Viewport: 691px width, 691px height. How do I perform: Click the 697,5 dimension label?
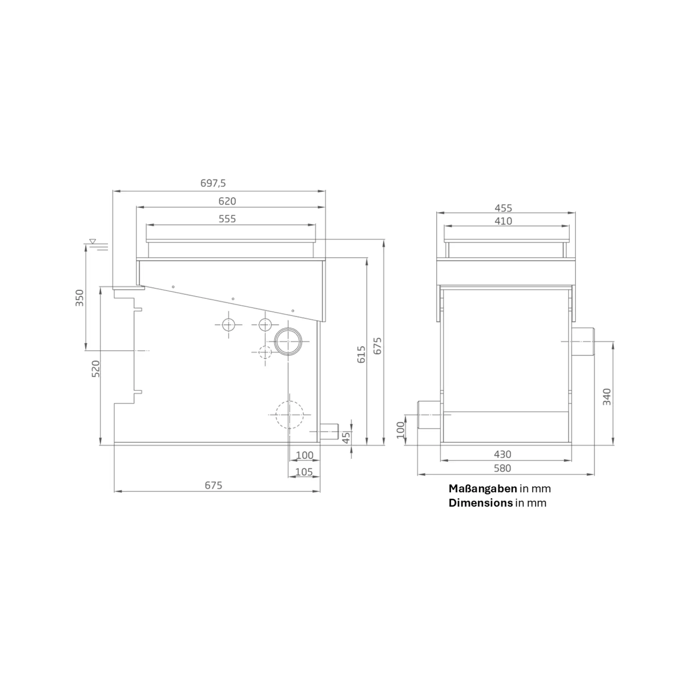pos(213,183)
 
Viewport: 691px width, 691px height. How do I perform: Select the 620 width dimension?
pos(227,201)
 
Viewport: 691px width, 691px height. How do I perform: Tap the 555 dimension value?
pos(227,219)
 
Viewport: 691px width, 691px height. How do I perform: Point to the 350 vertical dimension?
pos(79,298)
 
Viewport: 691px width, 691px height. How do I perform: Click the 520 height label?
pos(96,369)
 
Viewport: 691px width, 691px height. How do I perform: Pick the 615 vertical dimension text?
pos(361,354)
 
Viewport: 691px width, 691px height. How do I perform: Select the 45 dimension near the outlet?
pos(345,437)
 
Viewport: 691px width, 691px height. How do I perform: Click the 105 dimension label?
pos(304,472)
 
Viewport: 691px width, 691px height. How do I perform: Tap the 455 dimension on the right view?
pos(503,208)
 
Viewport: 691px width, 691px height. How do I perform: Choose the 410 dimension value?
pos(503,221)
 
